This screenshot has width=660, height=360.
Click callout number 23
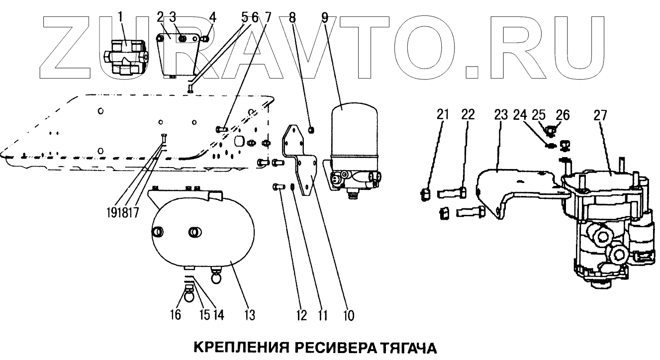[500, 115]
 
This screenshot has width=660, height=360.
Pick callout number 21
[443, 115]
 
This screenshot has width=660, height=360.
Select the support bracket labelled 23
[517, 186]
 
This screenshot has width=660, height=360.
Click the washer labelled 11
[293, 187]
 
